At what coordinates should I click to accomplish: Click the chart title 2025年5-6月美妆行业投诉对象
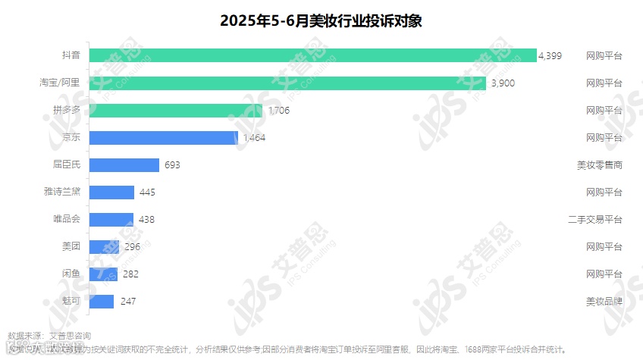click(x=321, y=20)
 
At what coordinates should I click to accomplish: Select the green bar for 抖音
click(x=312, y=55)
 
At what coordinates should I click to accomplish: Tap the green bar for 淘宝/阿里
click(x=277, y=83)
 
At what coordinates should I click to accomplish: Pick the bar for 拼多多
click(x=176, y=110)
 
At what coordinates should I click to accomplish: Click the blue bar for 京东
click(x=164, y=137)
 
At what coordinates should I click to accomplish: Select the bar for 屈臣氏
click(x=124, y=164)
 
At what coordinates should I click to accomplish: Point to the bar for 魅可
click(x=102, y=301)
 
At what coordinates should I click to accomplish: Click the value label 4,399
click(x=550, y=56)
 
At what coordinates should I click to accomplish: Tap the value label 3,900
click(x=503, y=83)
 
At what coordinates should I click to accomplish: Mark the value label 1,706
click(x=278, y=111)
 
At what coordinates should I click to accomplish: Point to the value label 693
click(x=171, y=165)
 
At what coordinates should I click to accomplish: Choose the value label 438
click(x=147, y=220)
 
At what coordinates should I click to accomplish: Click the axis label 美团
click(x=71, y=246)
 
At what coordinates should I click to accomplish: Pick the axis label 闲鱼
click(x=71, y=274)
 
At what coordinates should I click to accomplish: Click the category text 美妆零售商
click(x=600, y=165)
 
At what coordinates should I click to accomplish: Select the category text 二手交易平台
click(x=595, y=220)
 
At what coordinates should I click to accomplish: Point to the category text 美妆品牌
click(x=604, y=302)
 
